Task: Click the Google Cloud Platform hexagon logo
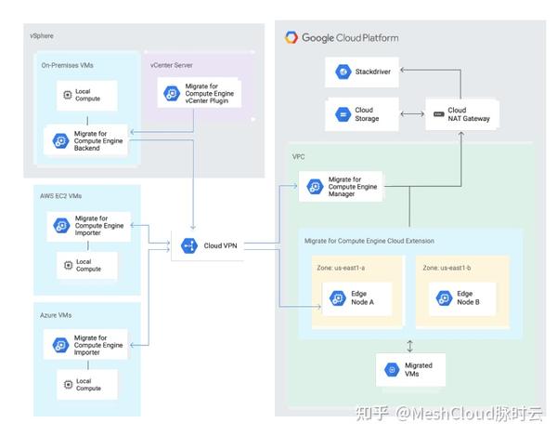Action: pyautogui.click(x=291, y=38)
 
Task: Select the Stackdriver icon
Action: pyautogui.click(x=342, y=72)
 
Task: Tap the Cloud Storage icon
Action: pyautogui.click(x=342, y=114)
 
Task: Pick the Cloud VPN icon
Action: pyautogui.click(x=189, y=245)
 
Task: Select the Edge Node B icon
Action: pyautogui.click(x=443, y=298)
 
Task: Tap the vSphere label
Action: pyautogui.click(x=43, y=35)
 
